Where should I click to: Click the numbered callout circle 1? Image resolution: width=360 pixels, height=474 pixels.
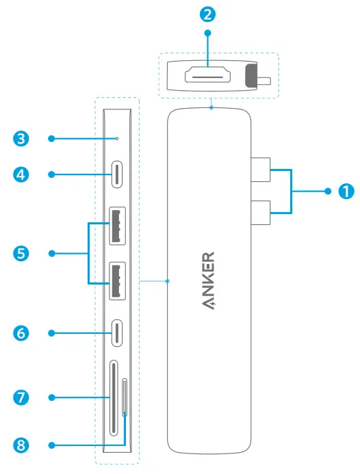(x=346, y=192)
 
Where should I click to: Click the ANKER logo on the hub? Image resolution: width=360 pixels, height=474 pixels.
(x=209, y=281)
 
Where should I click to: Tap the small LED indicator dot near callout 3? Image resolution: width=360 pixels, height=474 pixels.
(x=117, y=139)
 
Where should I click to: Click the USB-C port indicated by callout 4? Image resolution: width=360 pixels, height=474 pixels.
(x=117, y=174)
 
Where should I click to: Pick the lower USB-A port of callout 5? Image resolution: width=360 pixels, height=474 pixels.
(x=117, y=281)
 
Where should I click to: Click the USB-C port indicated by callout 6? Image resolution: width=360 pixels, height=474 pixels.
(x=117, y=333)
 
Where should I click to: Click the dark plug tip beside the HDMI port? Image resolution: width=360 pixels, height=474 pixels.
(x=250, y=77)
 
